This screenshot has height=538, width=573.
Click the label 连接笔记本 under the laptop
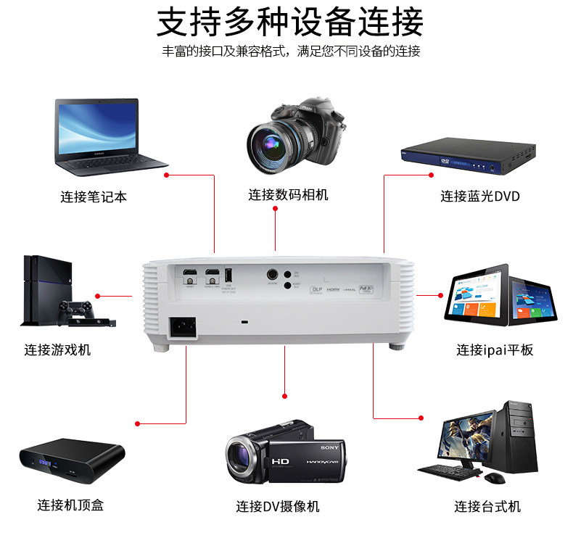point(94,196)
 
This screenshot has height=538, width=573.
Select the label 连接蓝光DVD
point(480,196)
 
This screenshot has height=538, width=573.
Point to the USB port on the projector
point(229,276)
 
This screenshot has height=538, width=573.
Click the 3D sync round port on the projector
point(273,275)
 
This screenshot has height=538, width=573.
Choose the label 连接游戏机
point(58,350)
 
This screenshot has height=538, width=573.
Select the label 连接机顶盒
point(70,505)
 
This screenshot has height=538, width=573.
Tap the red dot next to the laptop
point(167,175)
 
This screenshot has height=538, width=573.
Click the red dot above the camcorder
point(285,396)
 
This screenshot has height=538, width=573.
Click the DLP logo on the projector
point(316,289)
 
